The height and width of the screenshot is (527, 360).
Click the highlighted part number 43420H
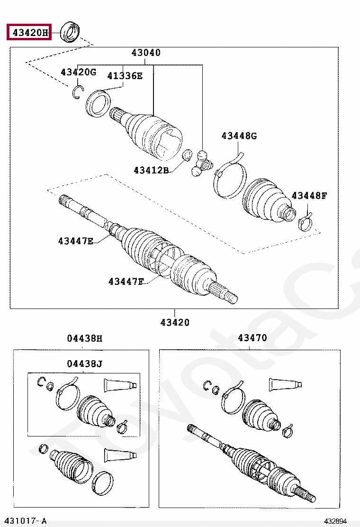[29, 33]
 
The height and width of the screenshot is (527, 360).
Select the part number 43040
[146, 53]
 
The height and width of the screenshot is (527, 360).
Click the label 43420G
[78, 72]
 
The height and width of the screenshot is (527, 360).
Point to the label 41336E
[125, 76]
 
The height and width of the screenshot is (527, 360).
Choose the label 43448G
[239, 136]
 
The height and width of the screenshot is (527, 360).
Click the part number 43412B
[151, 170]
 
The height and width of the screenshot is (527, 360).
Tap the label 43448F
[309, 195]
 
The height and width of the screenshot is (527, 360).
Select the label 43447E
[76, 241]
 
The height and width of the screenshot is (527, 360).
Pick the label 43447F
[126, 282]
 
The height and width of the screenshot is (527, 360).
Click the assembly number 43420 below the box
[175, 322]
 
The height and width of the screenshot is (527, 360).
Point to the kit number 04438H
[84, 338]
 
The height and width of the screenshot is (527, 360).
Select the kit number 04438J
[84, 364]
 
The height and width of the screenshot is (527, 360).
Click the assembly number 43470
[252, 338]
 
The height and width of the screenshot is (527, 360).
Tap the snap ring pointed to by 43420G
[78, 92]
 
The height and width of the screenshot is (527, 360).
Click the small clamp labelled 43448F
[306, 221]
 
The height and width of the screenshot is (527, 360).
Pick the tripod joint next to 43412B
[200, 164]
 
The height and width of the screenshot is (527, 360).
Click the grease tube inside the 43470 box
[285, 384]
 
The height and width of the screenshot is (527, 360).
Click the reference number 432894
[339, 521]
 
